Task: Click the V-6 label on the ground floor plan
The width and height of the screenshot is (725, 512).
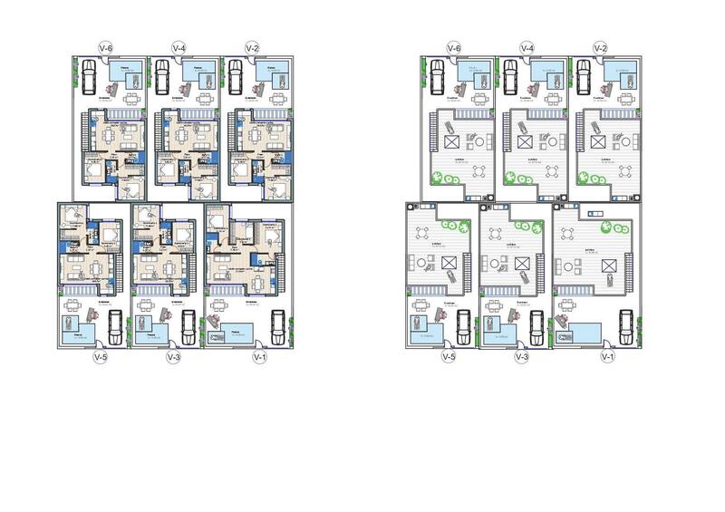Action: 106,47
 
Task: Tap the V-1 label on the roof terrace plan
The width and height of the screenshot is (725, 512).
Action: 606,357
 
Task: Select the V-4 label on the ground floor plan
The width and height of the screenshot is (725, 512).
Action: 180,47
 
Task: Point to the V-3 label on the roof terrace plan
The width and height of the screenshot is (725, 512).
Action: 521,357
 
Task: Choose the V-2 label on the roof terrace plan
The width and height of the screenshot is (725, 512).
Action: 600,47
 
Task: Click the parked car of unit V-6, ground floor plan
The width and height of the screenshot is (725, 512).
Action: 90,76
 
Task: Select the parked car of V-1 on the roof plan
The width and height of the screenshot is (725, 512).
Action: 626,324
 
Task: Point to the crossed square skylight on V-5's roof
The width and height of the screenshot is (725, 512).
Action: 449,263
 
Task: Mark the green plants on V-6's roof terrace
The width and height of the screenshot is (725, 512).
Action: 441,179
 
